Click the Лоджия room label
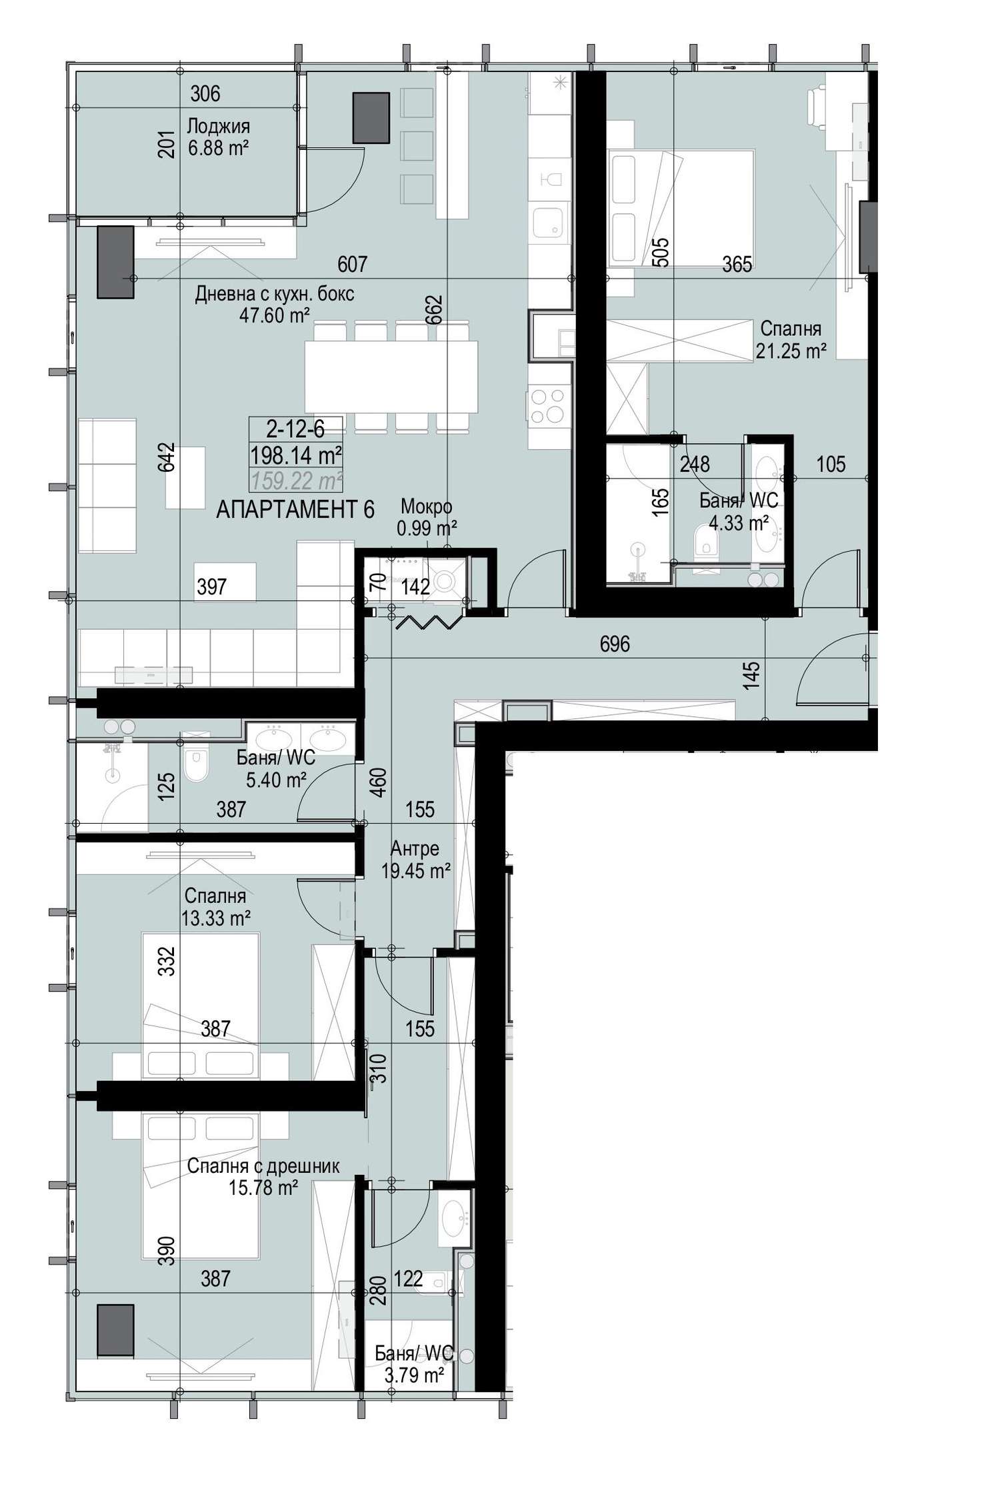tap(218, 126)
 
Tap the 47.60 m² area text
tap(275, 315)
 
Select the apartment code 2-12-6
tap(295, 430)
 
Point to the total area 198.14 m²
tap(296, 456)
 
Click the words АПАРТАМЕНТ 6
tap(295, 510)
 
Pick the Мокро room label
tap(427, 508)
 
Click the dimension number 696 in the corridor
tap(615, 644)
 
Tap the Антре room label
tap(415, 848)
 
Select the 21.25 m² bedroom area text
tap(791, 351)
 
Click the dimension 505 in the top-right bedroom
tap(660, 253)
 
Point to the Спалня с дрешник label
tap(263, 1166)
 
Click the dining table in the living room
tap(391, 376)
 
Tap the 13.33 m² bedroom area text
tap(216, 919)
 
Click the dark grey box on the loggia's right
tap(371, 117)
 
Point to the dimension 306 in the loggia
tap(205, 94)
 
